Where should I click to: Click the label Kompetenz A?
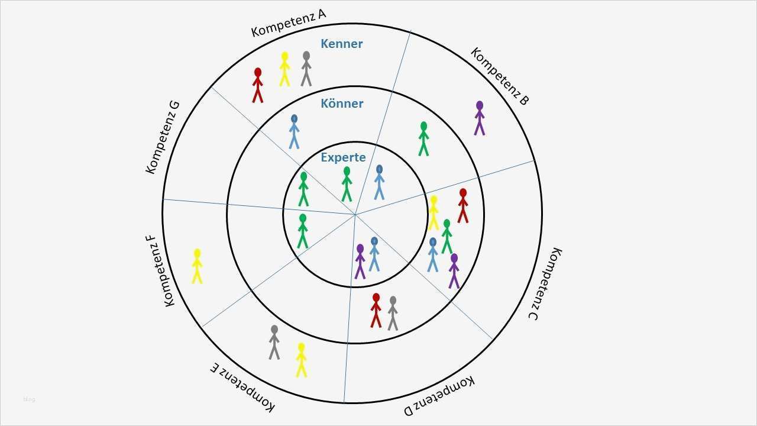288,23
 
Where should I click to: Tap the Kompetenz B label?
500,76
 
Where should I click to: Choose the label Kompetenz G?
163,137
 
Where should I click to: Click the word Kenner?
341,44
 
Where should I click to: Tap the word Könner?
342,104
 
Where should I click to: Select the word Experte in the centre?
343,157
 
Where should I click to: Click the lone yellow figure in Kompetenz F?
197,266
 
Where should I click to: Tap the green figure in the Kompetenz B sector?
423,139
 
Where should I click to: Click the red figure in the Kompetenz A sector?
257,85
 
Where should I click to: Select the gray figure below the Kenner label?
306,69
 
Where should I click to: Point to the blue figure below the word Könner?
294,131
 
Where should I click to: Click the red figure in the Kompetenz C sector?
463,206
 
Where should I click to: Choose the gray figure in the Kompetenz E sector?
274,342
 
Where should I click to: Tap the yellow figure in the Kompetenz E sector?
301,360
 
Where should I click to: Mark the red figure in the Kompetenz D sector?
376,310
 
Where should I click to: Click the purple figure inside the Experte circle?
360,261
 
